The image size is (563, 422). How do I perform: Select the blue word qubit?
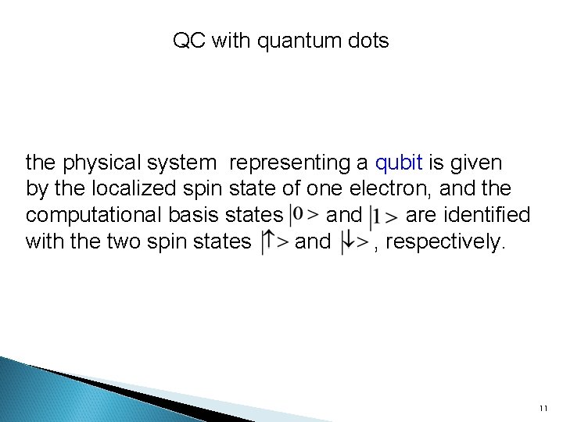399,163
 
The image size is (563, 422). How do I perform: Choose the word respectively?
446,241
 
